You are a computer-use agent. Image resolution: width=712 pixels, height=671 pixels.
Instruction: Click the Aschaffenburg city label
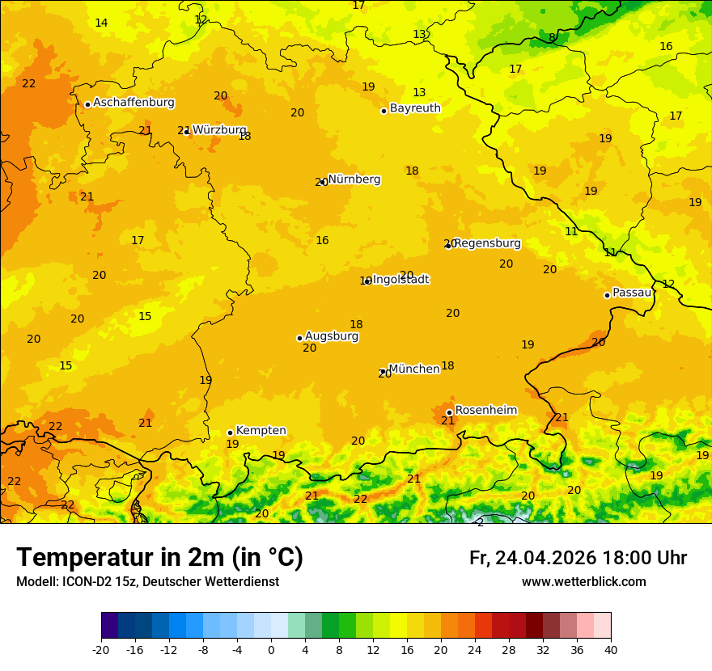[133, 103]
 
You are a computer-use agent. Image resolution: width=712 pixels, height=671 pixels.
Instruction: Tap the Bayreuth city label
[415, 108]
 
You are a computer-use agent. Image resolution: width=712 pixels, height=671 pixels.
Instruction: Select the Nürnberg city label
[354, 179]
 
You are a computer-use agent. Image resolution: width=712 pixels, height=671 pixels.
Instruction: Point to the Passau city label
[632, 293]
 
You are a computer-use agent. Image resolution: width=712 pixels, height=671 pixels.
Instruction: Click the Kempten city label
[261, 431]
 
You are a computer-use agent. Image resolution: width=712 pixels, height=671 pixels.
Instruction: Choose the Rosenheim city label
[485, 411]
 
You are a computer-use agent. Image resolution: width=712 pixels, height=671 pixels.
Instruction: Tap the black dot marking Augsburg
[299, 338]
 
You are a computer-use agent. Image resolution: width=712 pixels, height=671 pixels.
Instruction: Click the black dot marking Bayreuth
[384, 111]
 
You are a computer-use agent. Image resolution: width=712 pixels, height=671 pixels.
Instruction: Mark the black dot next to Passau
[607, 295]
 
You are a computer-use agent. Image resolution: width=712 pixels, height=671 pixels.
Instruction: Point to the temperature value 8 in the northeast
[552, 37]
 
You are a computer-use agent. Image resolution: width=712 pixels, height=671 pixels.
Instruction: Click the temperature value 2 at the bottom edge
[480, 522]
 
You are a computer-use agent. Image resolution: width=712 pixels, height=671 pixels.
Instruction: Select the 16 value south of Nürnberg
[322, 240]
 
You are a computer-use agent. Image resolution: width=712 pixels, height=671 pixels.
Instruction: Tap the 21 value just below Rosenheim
[447, 421]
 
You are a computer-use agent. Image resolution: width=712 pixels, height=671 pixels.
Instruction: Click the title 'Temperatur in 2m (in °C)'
[159, 558]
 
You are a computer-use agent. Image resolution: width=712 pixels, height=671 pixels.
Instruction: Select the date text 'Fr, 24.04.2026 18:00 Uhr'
[578, 558]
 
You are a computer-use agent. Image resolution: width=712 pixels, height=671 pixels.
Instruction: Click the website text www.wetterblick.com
[583, 582]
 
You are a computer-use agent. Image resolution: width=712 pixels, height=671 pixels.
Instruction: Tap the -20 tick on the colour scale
[101, 649]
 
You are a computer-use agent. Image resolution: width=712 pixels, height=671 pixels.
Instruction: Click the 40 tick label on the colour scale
[611, 649]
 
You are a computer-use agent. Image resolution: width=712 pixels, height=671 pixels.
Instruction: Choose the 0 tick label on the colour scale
[271, 649]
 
